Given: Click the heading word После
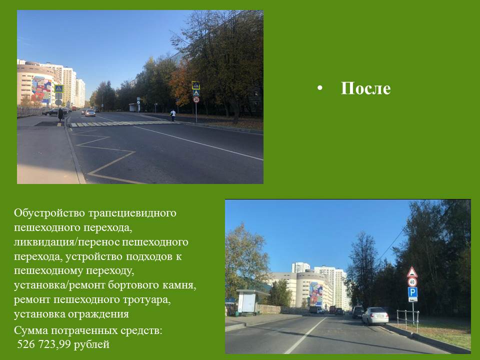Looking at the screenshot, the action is point(365,88).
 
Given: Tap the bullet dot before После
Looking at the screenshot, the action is point(320,88).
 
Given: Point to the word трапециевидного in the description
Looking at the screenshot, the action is point(132,213).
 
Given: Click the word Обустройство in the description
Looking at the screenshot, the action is point(49,213).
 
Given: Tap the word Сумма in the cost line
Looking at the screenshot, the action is point(30,330).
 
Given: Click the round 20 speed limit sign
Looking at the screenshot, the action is point(196,99).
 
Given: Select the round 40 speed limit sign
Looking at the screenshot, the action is point(412,282).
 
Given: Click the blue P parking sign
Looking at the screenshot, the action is point(412,292).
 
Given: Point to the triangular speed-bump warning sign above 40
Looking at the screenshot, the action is point(412,272).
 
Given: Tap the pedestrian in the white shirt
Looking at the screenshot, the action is point(173,115).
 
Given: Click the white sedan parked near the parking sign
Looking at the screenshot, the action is point(375,315).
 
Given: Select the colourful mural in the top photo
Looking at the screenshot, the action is point(41,89).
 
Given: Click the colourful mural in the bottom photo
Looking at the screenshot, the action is point(316,293).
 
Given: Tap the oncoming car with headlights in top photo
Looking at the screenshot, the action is point(90,113).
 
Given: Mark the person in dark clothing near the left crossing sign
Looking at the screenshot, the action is point(60,114).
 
